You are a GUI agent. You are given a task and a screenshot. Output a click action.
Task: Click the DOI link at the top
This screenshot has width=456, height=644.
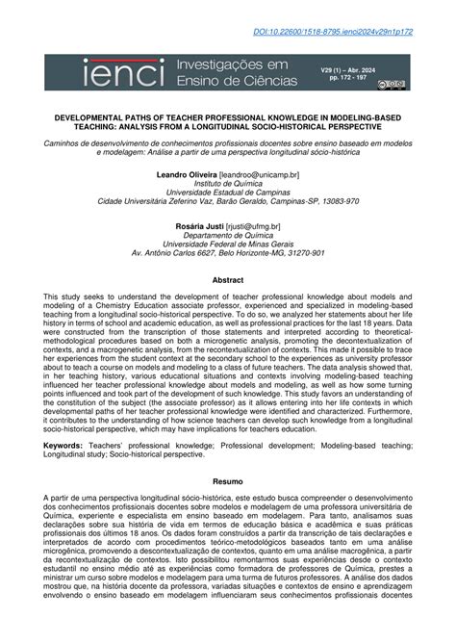coord(361,32)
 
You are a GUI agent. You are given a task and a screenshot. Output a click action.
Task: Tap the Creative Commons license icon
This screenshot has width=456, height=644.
coord(396,85)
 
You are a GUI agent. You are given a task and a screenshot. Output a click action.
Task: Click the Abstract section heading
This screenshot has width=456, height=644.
coord(227,280)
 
